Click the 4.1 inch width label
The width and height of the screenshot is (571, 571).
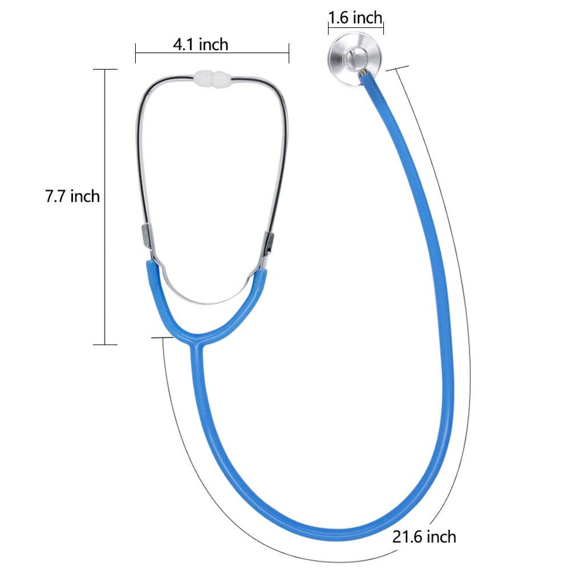tap(200, 44)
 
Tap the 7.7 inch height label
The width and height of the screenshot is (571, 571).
tap(72, 196)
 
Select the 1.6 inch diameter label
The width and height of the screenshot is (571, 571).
tap(355, 18)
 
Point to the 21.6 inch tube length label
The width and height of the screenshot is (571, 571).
tap(424, 537)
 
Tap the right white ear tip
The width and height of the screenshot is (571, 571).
tap(222, 79)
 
